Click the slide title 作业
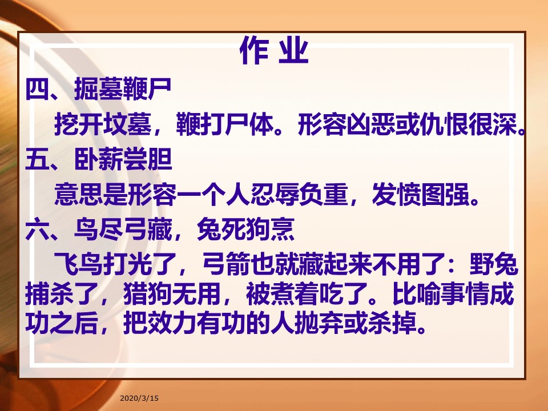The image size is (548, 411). [275, 51]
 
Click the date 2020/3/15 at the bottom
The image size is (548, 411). [139, 398]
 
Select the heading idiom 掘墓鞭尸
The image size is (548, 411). [123, 89]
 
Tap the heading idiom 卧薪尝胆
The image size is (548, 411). [123, 159]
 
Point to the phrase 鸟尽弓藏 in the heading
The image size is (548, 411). [123, 229]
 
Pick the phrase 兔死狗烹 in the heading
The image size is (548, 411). [245, 229]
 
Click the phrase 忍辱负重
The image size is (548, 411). [299, 194]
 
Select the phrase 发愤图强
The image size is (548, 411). [421, 194]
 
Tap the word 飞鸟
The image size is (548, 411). [79, 264]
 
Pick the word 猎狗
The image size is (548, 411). [148, 293]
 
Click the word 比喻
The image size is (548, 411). [417, 293]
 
